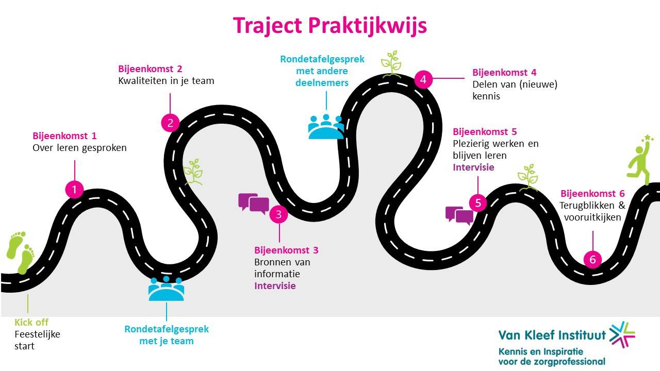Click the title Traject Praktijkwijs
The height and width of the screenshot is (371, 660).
click(x=329, y=25)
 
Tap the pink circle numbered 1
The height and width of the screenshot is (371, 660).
click(x=74, y=190)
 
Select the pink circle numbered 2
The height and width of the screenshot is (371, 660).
click(x=170, y=123)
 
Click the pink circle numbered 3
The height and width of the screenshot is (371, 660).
click(x=278, y=214)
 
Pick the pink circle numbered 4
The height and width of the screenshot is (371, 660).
click(x=423, y=80)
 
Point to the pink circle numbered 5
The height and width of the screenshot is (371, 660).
click(x=478, y=203)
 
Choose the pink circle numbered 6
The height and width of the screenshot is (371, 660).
click(x=592, y=260)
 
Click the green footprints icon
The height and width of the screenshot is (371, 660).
click(x=21, y=252)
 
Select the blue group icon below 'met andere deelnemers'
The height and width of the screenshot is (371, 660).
click(x=326, y=127)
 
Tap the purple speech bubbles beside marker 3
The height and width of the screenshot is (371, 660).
click(x=254, y=203)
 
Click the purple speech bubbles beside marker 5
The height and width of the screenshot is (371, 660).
click(x=459, y=215)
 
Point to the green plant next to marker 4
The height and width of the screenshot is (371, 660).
click(x=391, y=63)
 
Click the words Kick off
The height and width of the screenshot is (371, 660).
click(x=31, y=323)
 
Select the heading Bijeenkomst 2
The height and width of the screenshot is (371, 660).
click(x=150, y=69)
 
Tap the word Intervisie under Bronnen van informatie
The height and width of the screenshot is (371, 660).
click(x=275, y=285)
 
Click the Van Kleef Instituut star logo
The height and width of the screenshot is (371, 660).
click(x=622, y=333)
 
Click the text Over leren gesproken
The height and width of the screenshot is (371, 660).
click(x=79, y=148)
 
